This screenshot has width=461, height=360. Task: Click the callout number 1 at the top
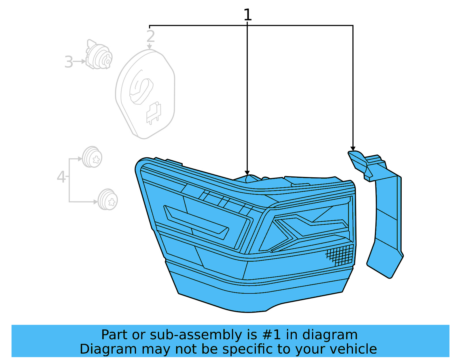click(247, 15)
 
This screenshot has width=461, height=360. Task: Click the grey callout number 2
click(151, 36)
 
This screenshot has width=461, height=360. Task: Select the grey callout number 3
click(69, 62)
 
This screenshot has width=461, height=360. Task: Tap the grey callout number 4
click(61, 177)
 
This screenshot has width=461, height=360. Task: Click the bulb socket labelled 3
click(99, 55)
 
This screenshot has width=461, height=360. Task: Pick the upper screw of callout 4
click(92, 157)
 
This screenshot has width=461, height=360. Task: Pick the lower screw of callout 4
click(108, 199)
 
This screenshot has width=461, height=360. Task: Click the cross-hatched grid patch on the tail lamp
click(340, 255)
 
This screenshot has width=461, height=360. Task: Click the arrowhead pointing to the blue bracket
click(353, 148)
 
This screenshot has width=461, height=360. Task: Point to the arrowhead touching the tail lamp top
click(247, 173)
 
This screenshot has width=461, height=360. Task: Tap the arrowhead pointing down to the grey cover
click(150, 47)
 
